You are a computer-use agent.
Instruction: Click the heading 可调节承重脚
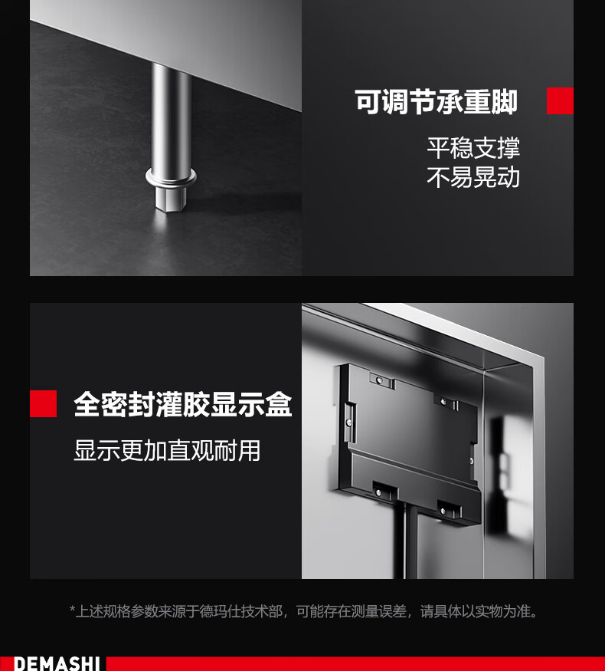click(x=436, y=102)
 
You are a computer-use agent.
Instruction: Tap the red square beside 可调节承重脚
click(x=560, y=101)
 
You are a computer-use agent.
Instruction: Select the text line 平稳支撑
click(x=473, y=148)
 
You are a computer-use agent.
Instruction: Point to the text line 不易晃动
click(x=473, y=177)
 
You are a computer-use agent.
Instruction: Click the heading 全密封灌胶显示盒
click(x=183, y=404)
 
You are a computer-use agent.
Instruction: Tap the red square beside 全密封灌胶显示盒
click(x=43, y=403)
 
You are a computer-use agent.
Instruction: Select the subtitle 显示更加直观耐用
click(x=167, y=450)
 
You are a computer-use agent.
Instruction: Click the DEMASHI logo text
click(x=57, y=664)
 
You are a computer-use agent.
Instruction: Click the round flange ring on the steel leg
click(x=171, y=176)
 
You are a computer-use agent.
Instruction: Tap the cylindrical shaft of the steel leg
click(x=171, y=116)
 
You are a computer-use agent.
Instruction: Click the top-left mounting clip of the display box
click(x=382, y=380)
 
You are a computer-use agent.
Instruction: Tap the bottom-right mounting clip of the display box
click(x=449, y=509)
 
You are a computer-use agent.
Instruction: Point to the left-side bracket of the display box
click(x=350, y=423)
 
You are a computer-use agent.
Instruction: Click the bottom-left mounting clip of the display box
click(x=383, y=492)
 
